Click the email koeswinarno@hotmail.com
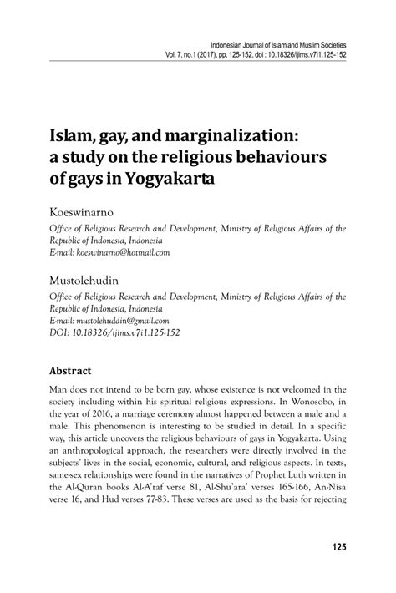pos(123,251)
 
